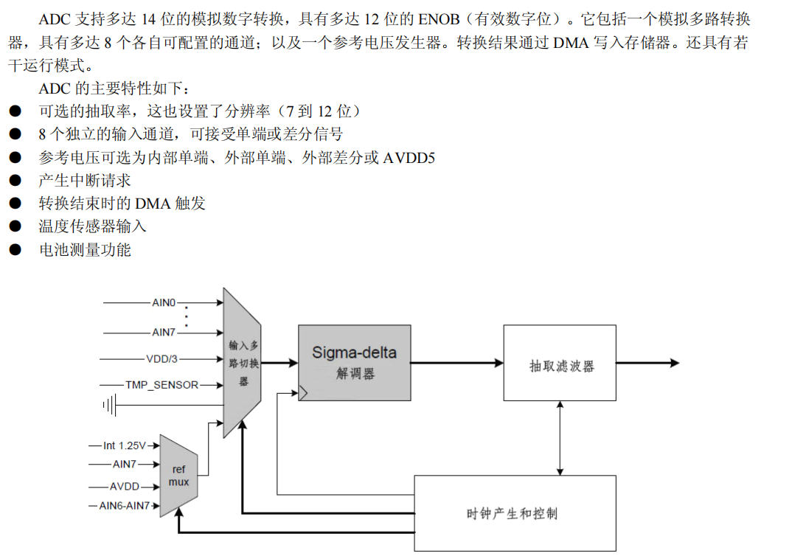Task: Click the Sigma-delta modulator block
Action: point(354,362)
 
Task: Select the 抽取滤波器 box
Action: point(560,363)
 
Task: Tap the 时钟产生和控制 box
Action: point(515,513)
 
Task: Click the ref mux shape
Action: point(178,476)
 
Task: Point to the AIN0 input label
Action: point(164,302)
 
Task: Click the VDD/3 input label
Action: point(161,359)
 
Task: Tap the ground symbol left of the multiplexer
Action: point(111,405)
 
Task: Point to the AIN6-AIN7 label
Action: point(125,506)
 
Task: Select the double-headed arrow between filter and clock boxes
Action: point(560,438)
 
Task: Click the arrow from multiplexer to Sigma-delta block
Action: point(279,362)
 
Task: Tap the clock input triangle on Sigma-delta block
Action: point(302,395)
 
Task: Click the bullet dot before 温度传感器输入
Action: point(15,227)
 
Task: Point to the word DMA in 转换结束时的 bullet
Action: point(152,204)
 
